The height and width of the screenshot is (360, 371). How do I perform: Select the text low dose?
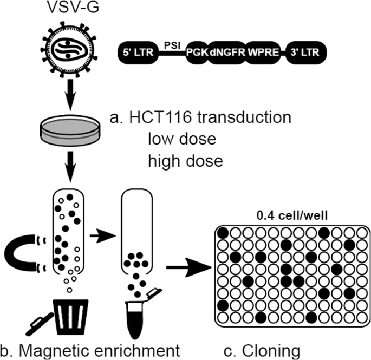pos(181,139)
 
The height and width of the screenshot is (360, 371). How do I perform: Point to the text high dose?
pos(184,160)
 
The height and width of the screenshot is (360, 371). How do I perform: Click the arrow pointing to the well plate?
pos(186,267)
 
